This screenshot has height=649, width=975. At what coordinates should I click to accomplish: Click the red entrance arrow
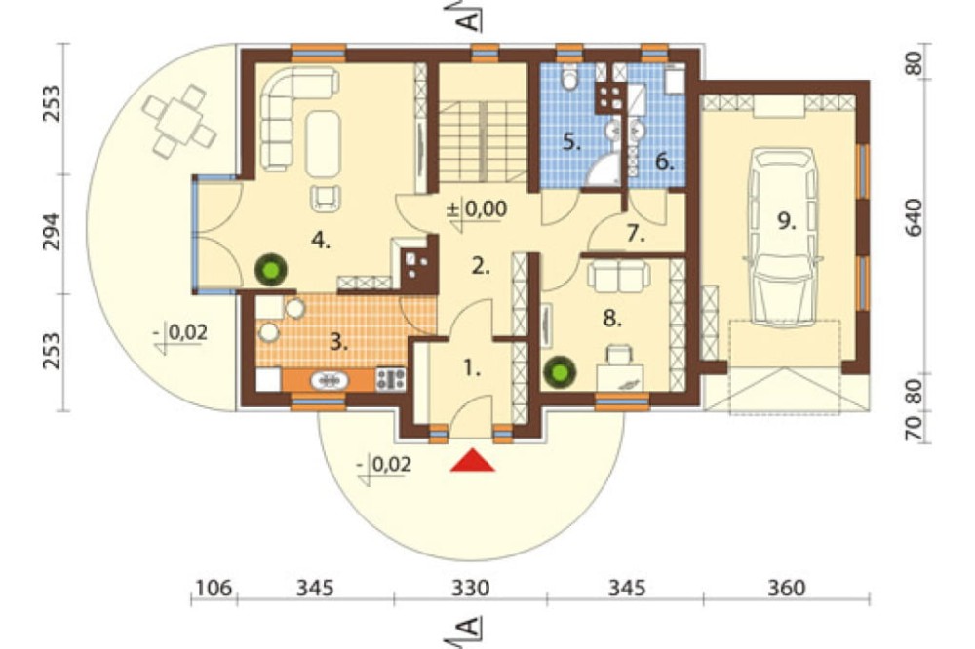473,460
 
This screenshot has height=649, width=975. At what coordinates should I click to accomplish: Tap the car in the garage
785,237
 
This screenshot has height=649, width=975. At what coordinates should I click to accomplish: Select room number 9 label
787,220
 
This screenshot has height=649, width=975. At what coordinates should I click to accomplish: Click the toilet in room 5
569,78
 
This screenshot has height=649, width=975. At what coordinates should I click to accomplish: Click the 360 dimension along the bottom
786,588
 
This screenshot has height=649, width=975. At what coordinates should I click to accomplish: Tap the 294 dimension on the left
52,232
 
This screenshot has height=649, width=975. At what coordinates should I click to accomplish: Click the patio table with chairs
179,120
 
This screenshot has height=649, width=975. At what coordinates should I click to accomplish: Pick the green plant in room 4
271,270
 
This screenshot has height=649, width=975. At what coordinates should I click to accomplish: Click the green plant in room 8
560,372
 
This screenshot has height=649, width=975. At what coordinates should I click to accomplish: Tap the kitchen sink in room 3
330,380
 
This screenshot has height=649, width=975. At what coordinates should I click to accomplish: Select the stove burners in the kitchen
391,378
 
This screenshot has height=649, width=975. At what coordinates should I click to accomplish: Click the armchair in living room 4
326,197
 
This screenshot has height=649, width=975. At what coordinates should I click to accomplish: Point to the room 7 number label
635,234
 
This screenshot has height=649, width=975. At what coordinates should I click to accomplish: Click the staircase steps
484,141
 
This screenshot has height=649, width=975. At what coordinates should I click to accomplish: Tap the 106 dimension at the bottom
214,588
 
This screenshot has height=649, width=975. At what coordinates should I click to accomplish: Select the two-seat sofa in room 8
619,276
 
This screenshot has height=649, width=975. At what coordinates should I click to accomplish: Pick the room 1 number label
473,368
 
